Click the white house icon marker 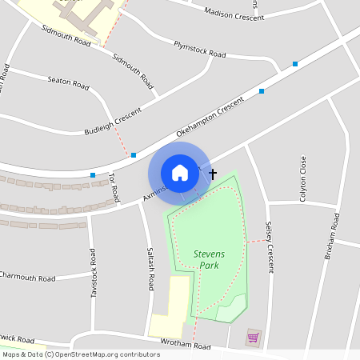179,173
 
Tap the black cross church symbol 213,173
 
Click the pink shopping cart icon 254,338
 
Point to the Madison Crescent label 234,14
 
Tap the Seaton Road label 68,82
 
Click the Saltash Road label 150,267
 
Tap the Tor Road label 114,186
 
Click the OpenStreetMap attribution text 81,354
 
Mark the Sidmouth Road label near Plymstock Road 133,70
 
